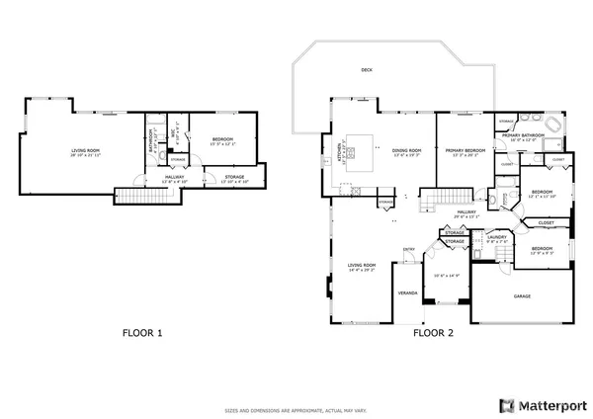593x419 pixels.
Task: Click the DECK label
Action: pyautogui.click(x=367, y=70)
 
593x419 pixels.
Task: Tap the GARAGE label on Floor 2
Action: pyautogui.click(x=522, y=295)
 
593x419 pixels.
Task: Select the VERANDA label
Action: pyautogui.click(x=408, y=293)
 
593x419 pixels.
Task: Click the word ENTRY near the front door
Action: pyautogui.click(x=408, y=249)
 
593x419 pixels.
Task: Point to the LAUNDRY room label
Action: pyautogui.click(x=497, y=237)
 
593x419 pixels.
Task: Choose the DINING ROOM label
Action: pyautogui.click(x=407, y=151)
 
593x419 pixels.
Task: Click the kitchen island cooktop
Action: pyautogui.click(x=355, y=148)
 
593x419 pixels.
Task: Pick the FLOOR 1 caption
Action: pyautogui.click(x=141, y=333)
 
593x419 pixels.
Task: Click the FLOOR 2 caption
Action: pyautogui.click(x=433, y=333)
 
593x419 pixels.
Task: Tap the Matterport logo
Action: pyautogui.click(x=543, y=405)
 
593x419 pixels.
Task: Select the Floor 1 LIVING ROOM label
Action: pyautogui.click(x=86, y=151)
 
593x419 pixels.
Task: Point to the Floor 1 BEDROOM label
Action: pyautogui.click(x=221, y=139)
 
